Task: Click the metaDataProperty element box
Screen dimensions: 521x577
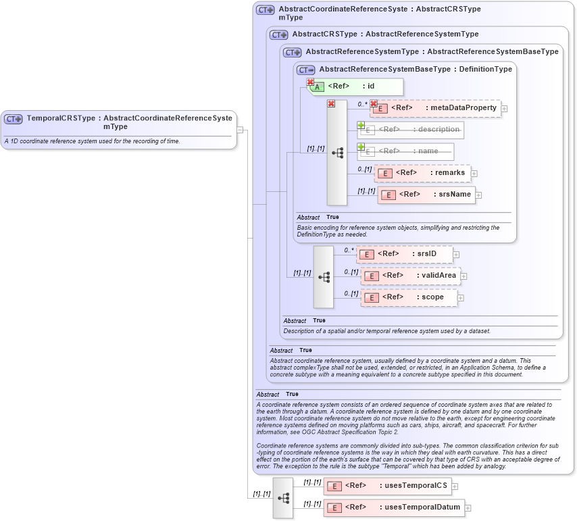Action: pyautogui.click(x=436, y=108)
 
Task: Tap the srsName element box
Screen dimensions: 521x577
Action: pyautogui.click(x=427, y=195)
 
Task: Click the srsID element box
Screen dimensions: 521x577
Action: pyautogui.click(x=405, y=254)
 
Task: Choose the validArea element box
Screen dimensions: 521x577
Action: pyautogui.click(x=410, y=276)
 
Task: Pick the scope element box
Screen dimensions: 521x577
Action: pyautogui.click(x=409, y=297)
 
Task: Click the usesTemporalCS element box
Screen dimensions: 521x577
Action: pyautogui.click(x=387, y=486)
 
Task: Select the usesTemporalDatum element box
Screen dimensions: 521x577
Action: pyautogui.click(x=394, y=507)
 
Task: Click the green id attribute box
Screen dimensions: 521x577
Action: pyautogui.click(x=357, y=86)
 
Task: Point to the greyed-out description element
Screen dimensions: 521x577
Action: pyautogui.click(x=411, y=130)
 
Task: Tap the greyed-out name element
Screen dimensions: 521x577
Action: pyautogui.click(x=405, y=151)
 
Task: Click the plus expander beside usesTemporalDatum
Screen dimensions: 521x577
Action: pyautogui.click(x=468, y=508)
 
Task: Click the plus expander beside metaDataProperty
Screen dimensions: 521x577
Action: pyautogui.click(x=504, y=108)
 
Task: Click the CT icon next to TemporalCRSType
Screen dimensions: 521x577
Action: pyautogui.click(x=14, y=119)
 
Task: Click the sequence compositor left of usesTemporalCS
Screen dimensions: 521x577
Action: pyautogui.click(x=283, y=497)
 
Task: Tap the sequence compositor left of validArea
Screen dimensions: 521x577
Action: pyautogui.click(x=324, y=276)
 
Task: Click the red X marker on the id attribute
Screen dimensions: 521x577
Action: pyautogui.click(x=310, y=82)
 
